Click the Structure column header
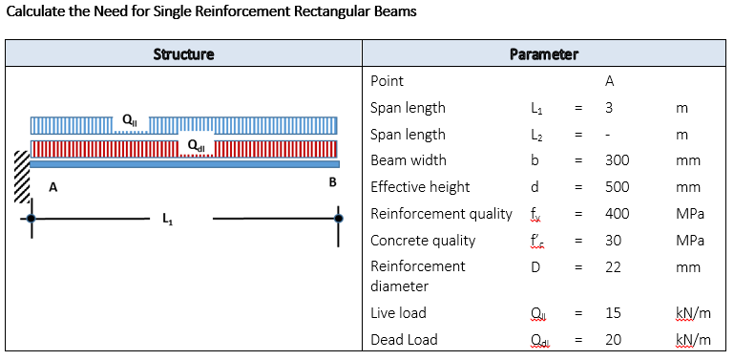point(183,54)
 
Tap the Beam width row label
point(408,160)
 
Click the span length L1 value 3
point(608,108)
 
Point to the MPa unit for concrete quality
point(689,241)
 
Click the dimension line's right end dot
point(338,219)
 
